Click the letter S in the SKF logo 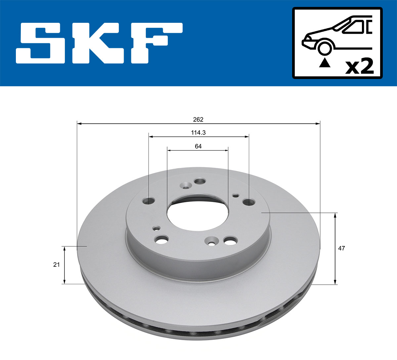[x=40, y=43]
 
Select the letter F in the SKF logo [x=155, y=43]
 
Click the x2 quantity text [x=359, y=67]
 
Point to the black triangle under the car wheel [x=325, y=62]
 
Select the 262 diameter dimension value [x=198, y=119]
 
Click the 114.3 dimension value [x=198, y=133]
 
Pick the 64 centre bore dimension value [x=198, y=146]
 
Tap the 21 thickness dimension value [x=57, y=264]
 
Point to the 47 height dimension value [x=341, y=248]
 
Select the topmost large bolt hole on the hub [x=200, y=181]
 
